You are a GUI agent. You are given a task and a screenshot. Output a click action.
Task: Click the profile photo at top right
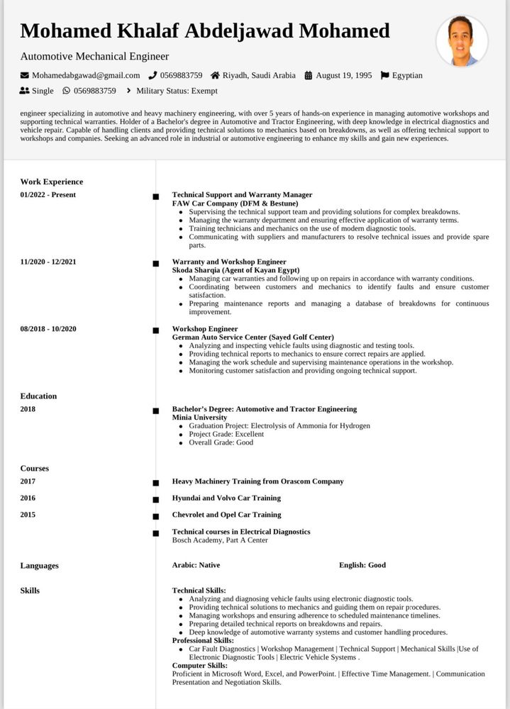[462, 41]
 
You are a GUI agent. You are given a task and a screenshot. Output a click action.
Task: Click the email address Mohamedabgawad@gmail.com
[86, 75]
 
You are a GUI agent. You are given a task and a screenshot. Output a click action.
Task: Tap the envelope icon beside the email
[25, 75]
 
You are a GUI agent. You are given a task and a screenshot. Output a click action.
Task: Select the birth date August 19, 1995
[343, 75]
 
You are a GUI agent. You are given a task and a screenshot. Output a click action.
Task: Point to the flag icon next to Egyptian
[384, 75]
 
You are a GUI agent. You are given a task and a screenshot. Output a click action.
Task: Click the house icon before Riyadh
[215, 75]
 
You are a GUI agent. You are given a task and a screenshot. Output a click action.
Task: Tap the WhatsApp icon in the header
[67, 91]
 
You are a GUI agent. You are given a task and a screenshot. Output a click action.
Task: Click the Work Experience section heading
[52, 182]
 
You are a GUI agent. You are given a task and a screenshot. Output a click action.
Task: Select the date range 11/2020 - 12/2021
[48, 262]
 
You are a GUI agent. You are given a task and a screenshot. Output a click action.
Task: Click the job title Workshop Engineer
[205, 329]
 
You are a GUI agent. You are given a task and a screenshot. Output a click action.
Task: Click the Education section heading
[38, 396]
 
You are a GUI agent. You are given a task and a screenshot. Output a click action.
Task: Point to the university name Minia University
[199, 418]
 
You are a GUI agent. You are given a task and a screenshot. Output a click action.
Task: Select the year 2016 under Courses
[28, 498]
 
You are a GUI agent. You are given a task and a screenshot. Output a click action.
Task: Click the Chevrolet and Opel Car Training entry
[226, 515]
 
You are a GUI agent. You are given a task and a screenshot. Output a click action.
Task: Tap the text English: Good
[362, 565]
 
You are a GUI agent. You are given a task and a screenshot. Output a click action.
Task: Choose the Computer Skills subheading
[199, 666]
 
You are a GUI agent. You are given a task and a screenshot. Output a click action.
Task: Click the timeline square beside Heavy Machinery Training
[155, 483]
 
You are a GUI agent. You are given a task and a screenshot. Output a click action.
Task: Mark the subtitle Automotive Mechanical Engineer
[94, 56]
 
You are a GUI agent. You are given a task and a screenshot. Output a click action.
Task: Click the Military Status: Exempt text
[177, 91]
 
